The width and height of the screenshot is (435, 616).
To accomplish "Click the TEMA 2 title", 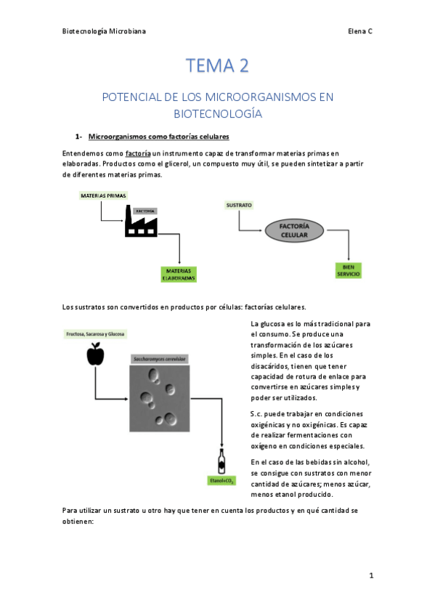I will [x=217, y=66].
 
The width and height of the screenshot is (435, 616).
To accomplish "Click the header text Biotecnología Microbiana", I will [x=104, y=31].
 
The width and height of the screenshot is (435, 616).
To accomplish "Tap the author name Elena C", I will [x=359, y=31].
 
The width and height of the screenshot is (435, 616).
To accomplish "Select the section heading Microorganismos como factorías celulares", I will [x=158, y=137].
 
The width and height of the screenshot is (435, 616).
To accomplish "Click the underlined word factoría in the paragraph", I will [x=138, y=153].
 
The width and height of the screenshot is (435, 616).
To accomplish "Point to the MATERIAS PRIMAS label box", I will [x=102, y=195].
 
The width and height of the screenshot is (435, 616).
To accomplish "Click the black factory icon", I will [x=140, y=222].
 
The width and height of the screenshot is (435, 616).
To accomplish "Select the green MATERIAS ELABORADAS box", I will [x=179, y=274].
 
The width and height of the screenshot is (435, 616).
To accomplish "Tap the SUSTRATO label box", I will [x=239, y=206].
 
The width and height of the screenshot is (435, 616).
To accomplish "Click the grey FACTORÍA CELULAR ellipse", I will [x=295, y=231].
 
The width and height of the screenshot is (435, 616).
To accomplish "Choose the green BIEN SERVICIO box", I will [x=348, y=269].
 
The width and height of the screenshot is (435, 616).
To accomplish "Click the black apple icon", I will [x=95, y=354].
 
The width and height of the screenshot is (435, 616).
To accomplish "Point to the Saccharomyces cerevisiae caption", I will [x=159, y=359].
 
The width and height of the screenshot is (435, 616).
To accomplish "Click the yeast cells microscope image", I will [x=159, y=398].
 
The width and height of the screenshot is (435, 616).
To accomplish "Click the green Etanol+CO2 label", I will [x=221, y=481].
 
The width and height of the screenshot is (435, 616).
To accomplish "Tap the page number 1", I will [x=370, y=575].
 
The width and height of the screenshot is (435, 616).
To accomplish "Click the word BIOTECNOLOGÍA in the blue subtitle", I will [x=217, y=114].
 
